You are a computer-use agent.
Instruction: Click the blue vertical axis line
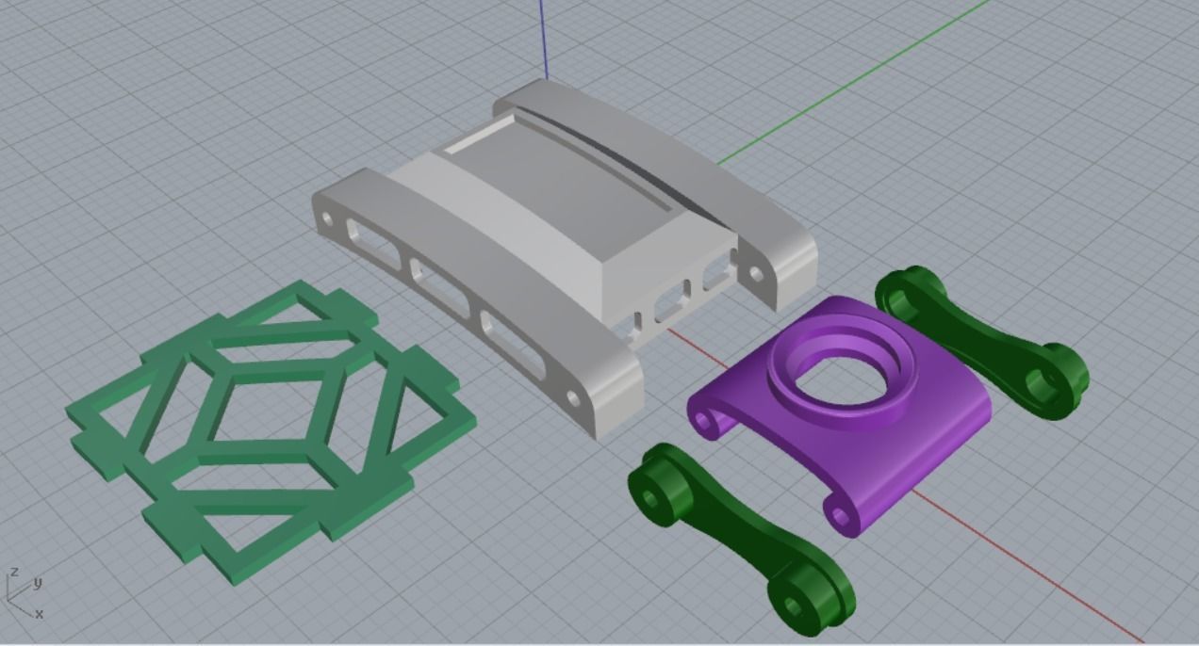click(544, 38)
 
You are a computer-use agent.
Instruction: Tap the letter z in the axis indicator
click(14, 573)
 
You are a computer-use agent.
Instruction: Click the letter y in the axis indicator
click(38, 583)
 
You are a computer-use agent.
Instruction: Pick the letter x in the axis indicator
click(39, 614)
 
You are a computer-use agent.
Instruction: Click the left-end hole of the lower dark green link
click(651, 494)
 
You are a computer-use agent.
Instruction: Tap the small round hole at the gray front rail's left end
click(328, 219)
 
